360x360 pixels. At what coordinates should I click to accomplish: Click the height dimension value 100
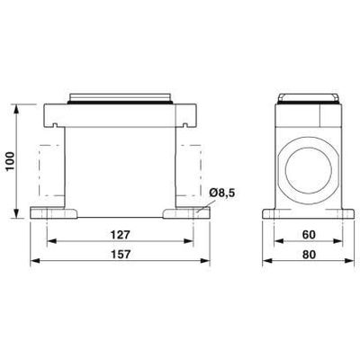click(x=10, y=162)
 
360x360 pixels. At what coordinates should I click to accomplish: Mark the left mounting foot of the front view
click(x=54, y=215)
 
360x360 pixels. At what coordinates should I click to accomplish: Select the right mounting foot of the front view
click(x=185, y=215)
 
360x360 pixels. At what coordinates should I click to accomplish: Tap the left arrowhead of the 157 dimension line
click(x=35, y=262)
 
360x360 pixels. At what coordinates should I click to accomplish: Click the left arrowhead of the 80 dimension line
click(x=265, y=262)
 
